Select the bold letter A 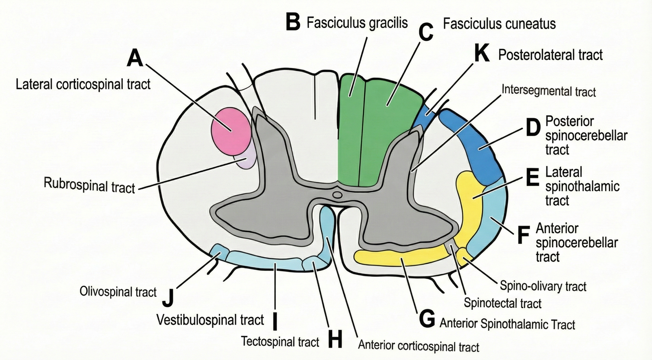(135, 58)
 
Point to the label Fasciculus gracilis (357, 23)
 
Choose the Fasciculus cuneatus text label (499, 24)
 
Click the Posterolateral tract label (550, 55)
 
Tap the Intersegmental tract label (548, 91)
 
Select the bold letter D (533, 128)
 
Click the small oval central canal (337, 195)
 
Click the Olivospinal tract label (118, 292)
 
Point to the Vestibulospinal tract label (210, 320)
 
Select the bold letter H (335, 340)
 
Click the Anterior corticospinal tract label (419, 346)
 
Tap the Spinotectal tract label (502, 303)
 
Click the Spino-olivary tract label (543, 286)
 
